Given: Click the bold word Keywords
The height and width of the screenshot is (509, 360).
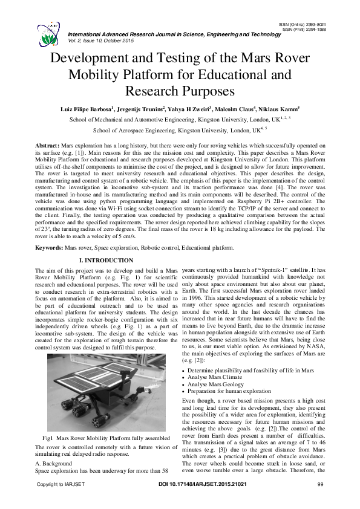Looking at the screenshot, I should [48, 248].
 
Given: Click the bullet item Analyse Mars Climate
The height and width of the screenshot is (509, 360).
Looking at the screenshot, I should [223, 375].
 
